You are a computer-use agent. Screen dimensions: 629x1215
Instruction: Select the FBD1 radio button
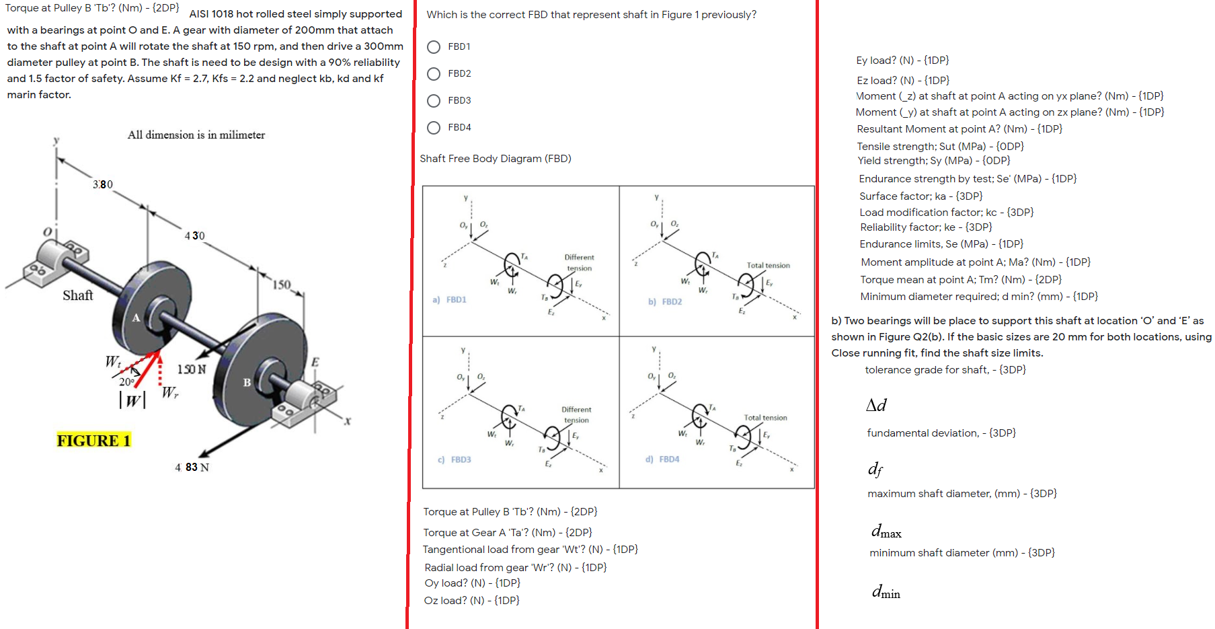point(434,47)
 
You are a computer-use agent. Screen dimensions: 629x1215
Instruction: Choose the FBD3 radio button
point(434,101)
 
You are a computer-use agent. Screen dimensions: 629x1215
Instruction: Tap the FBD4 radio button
point(434,128)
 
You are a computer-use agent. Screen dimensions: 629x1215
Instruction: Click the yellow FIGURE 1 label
point(93,441)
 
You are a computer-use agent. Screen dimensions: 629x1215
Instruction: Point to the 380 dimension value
point(103,184)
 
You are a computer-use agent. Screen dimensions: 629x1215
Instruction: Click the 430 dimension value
point(194,235)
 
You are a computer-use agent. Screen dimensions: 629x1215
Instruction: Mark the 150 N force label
point(192,369)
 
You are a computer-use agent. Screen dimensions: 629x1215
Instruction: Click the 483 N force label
point(192,467)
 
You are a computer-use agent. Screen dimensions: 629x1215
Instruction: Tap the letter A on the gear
point(136,318)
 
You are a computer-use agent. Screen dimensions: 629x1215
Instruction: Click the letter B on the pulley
point(247,382)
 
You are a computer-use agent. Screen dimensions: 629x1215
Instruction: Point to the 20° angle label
point(126,382)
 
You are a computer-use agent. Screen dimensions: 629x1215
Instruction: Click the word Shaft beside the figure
point(78,295)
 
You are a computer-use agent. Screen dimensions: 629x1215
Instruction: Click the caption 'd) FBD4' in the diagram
point(662,459)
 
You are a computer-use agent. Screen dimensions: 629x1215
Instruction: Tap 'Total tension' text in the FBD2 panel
point(768,265)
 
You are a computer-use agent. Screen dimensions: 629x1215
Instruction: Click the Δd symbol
point(876,405)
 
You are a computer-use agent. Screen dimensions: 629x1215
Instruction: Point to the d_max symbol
point(886,531)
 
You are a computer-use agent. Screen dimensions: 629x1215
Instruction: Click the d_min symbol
point(886,592)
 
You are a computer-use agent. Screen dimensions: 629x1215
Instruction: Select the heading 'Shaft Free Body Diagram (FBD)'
point(496,159)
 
